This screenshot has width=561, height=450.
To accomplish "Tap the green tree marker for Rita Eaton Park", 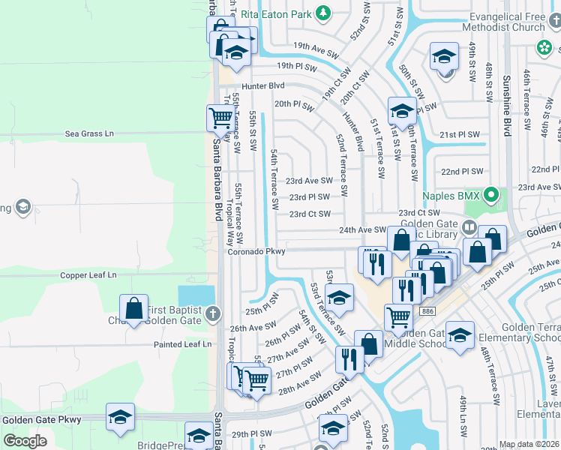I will pos(323,11).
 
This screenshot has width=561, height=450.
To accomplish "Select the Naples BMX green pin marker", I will pos(491,197).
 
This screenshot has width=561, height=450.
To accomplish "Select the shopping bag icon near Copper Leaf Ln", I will pos(133,308).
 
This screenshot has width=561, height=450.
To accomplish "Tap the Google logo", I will pos(25,441).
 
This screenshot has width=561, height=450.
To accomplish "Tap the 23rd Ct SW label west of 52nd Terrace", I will pos(310,214).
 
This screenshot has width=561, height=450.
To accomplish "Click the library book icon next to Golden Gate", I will pos(469,226).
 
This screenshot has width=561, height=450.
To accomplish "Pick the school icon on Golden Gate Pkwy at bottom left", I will pos(120,418).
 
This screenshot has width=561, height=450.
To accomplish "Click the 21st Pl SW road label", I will pos(459,134).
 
